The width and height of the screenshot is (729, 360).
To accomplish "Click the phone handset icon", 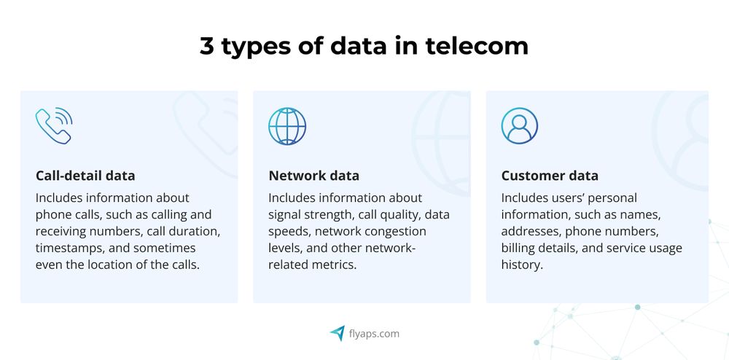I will tap(53, 125).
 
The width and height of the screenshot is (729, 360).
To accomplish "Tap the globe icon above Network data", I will tap(286, 125).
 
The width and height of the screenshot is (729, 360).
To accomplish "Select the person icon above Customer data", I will tap(519, 125).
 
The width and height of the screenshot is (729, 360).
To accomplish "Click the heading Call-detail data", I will tap(85, 176).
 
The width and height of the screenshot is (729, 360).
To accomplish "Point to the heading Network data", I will tap(313, 176).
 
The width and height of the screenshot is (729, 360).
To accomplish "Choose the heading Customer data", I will tap(550, 176).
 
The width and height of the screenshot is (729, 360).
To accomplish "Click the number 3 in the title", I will tap(208, 47).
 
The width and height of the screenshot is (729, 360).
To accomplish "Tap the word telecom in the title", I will tap(477, 47).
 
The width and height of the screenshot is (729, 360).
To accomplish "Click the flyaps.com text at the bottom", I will tap(373, 334).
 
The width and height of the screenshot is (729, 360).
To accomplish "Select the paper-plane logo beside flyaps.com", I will tap(337, 333).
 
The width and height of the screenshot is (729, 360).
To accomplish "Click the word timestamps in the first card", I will tap(70, 248).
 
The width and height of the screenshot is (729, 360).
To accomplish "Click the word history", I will tap(521, 265).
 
